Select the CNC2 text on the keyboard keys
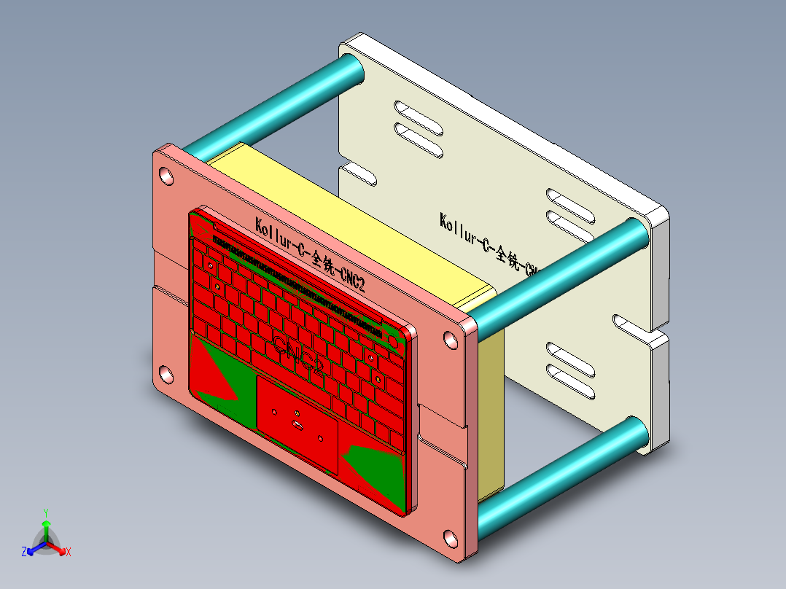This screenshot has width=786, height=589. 299,353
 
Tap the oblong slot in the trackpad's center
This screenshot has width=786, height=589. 297,423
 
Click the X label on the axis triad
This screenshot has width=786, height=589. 69,552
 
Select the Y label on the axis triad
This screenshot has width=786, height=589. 45,512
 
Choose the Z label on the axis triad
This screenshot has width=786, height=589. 24,552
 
